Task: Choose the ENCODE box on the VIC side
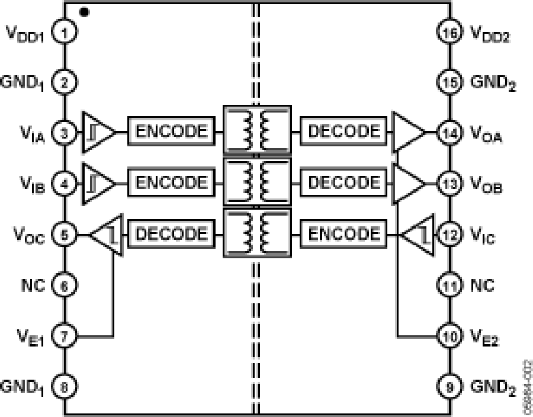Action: click(343, 233)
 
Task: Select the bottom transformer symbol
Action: click(256, 233)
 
